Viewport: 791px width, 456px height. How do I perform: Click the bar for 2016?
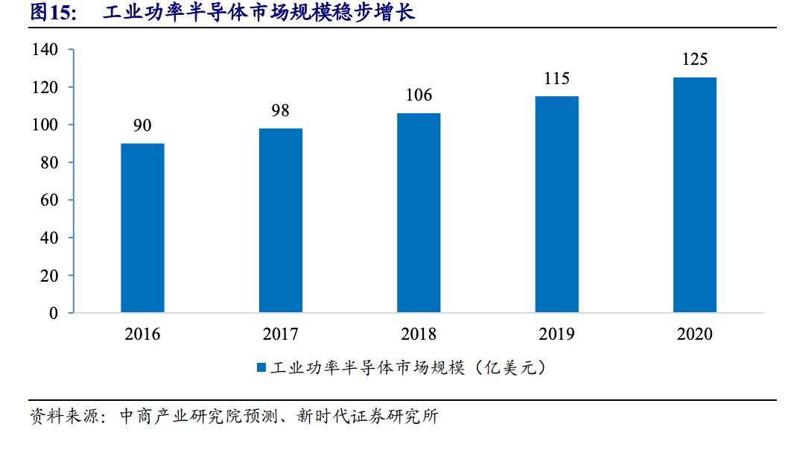[142, 228]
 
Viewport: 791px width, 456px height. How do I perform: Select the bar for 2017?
[281, 221]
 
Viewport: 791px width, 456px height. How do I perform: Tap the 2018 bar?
[419, 213]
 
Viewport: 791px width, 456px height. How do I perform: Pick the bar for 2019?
[556, 204]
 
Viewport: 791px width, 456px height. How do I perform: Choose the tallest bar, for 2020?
[694, 195]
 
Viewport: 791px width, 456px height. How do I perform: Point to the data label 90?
[142, 125]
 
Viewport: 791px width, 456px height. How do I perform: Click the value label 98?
[281, 110]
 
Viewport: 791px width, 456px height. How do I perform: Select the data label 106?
[419, 95]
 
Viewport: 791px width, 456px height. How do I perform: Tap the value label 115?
[556, 78]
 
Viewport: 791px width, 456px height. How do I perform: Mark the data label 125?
[694, 60]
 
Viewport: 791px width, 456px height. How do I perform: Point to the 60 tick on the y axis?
[48, 200]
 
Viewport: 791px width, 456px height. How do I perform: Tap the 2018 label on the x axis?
[419, 334]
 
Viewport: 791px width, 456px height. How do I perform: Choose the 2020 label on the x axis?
[694, 334]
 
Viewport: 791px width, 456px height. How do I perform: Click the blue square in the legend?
[261, 367]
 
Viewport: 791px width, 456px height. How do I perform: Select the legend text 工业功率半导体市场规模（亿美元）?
[408, 367]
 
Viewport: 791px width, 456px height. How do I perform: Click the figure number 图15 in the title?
[53, 13]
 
